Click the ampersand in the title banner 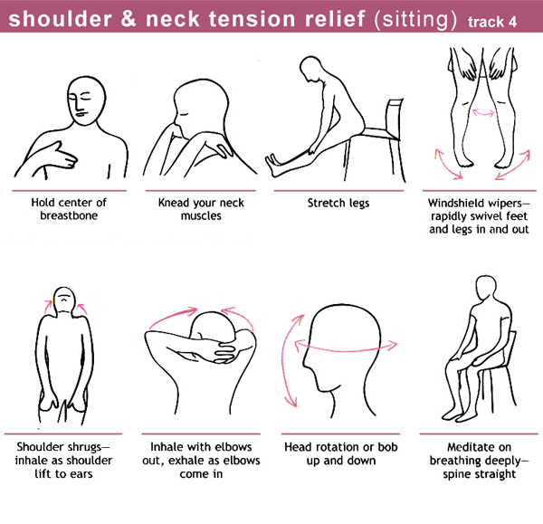pyautogui.click(x=129, y=19)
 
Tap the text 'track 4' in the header pyautogui.click(x=492, y=22)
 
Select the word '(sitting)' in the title pyautogui.click(x=416, y=19)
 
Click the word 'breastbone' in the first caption pyautogui.click(x=69, y=215)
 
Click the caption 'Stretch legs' pyautogui.click(x=338, y=203)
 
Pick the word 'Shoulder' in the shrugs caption pyautogui.click(x=38, y=446)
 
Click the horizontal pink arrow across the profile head pyautogui.click(x=346, y=349)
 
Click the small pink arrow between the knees pyautogui.click(x=483, y=112)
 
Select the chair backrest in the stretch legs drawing pyautogui.click(x=395, y=118)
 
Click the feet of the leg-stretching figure pyautogui.click(x=275, y=165)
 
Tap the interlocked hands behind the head pyautogui.click(x=230, y=350)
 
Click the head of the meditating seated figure pyautogui.click(x=487, y=290)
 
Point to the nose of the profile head pyautogui.click(x=306, y=363)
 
